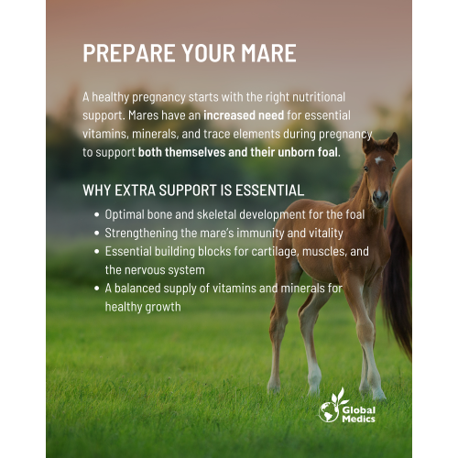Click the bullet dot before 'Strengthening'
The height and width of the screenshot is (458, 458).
97,233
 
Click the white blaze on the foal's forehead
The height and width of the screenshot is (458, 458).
379,161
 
